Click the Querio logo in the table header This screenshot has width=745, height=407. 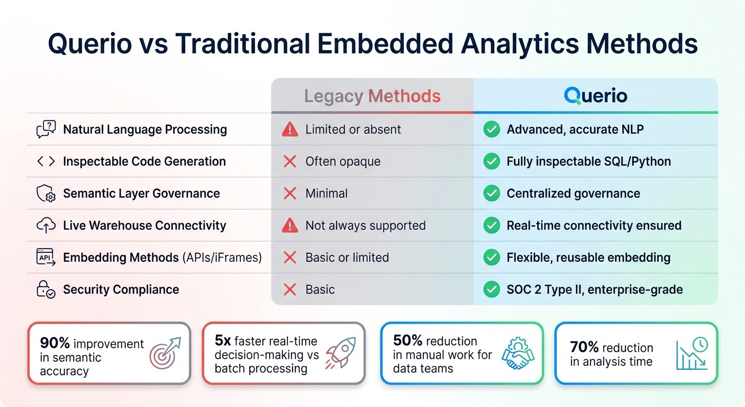(x=595, y=96)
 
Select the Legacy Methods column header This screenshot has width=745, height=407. (x=372, y=96)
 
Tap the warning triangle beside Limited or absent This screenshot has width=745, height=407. (x=290, y=129)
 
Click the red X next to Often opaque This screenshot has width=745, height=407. (x=290, y=162)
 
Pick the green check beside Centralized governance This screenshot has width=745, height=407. (x=492, y=193)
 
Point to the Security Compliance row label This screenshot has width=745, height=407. (x=121, y=289)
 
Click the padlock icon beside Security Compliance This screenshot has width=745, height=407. (x=46, y=289)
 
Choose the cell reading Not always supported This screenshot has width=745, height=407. (x=365, y=225)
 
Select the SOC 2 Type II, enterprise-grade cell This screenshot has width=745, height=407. (x=594, y=289)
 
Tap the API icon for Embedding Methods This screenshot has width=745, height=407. (x=46, y=258)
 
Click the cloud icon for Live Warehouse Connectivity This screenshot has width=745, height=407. (x=46, y=225)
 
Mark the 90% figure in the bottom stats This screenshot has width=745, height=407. (x=56, y=343)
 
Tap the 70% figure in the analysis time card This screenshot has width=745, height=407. (x=584, y=348)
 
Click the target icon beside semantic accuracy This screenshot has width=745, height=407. (x=165, y=353)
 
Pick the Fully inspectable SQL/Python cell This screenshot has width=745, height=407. (x=588, y=162)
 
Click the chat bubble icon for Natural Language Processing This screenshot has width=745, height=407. (x=46, y=129)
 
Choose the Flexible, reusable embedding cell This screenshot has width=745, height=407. (x=588, y=258)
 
